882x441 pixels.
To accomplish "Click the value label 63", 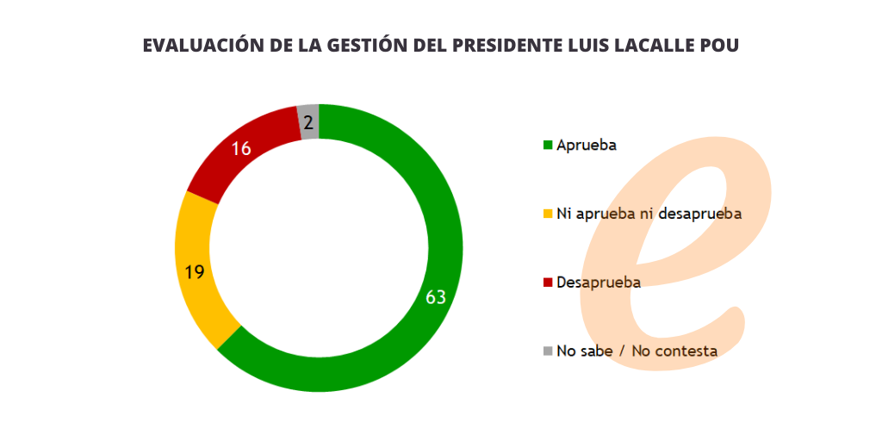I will tap(436, 297).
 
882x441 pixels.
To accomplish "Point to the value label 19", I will tap(195, 272).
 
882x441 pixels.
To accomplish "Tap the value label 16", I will tap(241, 148).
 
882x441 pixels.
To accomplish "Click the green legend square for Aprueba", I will tap(548, 145).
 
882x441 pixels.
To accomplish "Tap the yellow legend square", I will tap(548, 214).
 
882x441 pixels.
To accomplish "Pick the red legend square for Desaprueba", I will tap(548, 283).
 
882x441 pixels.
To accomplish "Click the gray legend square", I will tap(548, 351).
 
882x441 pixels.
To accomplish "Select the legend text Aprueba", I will tap(587, 145).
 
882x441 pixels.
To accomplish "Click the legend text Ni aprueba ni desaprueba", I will tap(649, 214).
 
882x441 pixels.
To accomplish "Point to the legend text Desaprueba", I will tap(599, 283).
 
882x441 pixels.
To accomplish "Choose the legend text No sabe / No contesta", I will tap(637, 351).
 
